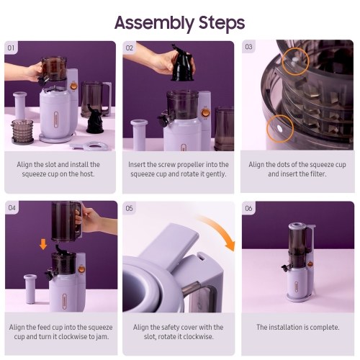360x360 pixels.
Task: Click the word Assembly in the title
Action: (154, 24)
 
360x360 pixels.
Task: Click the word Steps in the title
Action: (222, 22)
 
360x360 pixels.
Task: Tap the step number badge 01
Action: (11, 48)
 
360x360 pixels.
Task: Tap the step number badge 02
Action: (129, 48)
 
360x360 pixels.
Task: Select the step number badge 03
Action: (248, 47)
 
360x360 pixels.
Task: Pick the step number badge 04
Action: (12, 207)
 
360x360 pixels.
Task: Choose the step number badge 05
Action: (129, 208)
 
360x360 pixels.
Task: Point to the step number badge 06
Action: (248, 208)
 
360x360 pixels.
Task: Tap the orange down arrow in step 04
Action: (43, 245)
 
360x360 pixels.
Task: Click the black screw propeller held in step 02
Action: (182, 63)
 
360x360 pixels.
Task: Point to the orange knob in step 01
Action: (73, 86)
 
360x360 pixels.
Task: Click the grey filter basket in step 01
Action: (22, 132)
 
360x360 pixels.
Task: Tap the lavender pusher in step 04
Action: (30, 289)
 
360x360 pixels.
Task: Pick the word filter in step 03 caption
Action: (318, 174)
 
